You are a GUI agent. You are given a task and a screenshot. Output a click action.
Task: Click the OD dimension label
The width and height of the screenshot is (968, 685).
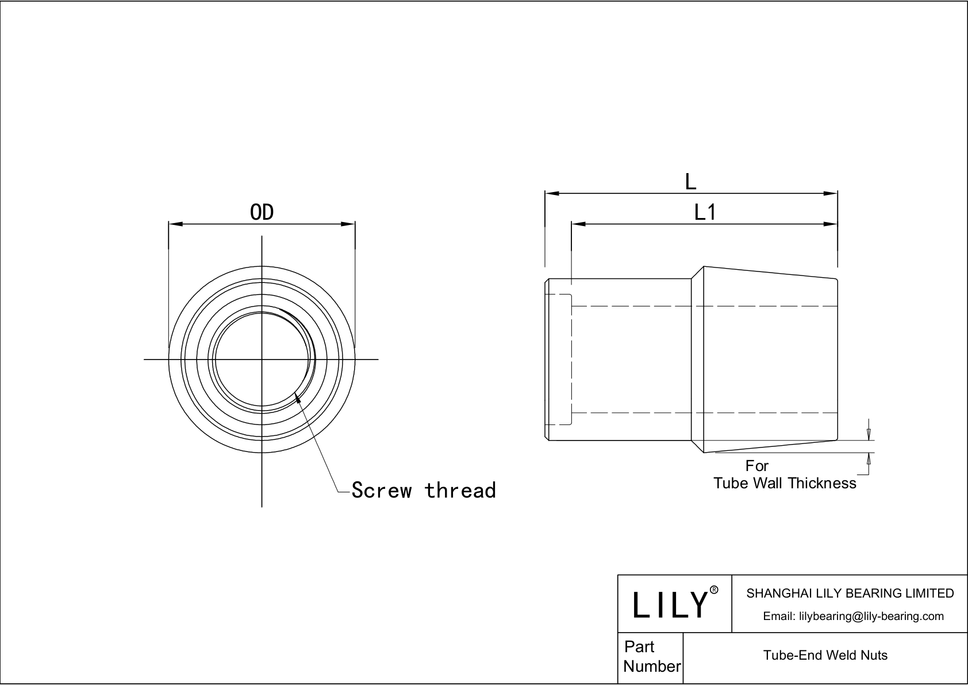262,213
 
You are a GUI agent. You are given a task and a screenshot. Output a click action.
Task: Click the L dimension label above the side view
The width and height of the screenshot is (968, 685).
690,182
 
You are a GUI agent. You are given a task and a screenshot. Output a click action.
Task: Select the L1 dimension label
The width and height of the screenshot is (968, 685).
705,213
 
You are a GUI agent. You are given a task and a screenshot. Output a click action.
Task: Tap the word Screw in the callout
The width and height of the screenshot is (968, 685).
382,491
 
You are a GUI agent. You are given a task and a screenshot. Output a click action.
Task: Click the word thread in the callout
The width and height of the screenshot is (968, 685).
460,491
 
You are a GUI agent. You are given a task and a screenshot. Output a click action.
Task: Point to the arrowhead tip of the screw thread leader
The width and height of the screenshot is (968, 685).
295,392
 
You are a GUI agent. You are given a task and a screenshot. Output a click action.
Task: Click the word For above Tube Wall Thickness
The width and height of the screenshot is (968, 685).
756,466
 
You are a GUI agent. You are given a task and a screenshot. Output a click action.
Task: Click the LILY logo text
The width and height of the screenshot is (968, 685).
670,604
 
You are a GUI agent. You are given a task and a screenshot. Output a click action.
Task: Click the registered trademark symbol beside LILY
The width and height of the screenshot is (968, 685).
714,590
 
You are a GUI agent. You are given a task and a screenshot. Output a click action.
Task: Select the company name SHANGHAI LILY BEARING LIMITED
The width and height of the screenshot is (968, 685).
850,593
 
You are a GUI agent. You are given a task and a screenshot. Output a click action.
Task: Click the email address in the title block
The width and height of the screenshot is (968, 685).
853,616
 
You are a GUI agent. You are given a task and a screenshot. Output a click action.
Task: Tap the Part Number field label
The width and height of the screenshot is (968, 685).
651,657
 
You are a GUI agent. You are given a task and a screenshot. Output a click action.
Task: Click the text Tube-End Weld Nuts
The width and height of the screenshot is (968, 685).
825,655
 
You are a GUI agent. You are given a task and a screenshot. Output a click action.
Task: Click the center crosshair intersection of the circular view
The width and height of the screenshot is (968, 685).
262,359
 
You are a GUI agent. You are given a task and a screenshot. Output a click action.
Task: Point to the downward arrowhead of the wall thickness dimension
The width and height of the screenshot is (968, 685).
869,437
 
